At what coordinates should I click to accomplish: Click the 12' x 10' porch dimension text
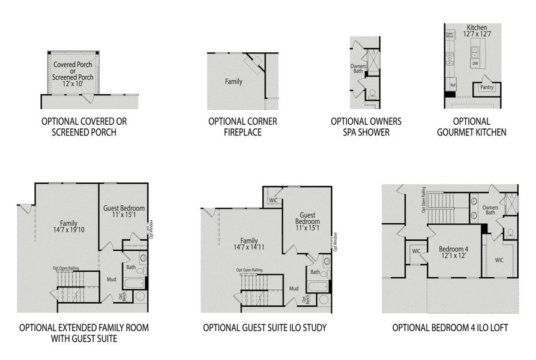point(73,85)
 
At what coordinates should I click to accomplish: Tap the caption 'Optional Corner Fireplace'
point(243,127)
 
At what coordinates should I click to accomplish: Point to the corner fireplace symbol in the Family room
point(254,64)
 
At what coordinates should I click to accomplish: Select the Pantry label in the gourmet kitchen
point(486,88)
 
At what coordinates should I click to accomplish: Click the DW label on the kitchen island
point(475,63)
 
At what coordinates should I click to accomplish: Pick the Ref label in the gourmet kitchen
point(453,86)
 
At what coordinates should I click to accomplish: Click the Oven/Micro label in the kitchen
point(450,35)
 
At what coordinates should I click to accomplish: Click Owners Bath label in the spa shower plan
point(358,69)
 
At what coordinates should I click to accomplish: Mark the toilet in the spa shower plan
point(372,93)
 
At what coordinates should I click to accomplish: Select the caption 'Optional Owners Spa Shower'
point(366,127)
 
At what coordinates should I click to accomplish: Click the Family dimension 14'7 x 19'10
point(68,230)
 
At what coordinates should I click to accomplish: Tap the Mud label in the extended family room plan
point(112,279)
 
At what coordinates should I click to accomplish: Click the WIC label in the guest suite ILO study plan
point(273,200)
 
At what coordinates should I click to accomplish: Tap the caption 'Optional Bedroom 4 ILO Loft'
point(450,328)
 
